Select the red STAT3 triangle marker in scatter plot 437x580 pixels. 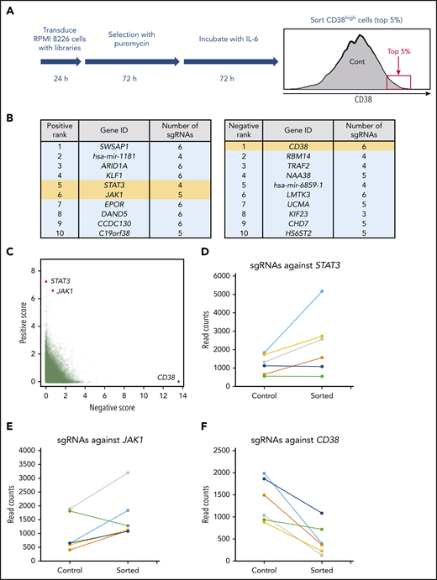(46, 280)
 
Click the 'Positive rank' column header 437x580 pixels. (40, 128)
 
